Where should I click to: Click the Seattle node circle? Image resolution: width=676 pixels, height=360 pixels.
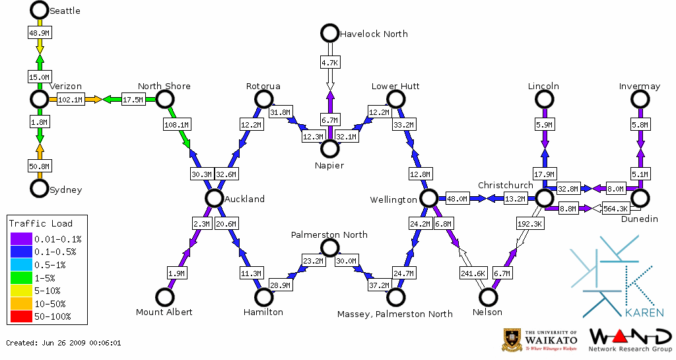click(40, 10)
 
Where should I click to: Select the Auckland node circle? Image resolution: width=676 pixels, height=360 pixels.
click(214, 198)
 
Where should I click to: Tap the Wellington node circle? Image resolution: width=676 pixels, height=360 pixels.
click(428, 198)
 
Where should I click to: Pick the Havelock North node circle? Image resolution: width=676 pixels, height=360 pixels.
click(329, 32)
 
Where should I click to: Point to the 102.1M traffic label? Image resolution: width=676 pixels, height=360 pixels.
click(70, 100)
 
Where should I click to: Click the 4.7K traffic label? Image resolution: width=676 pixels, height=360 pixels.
click(329, 62)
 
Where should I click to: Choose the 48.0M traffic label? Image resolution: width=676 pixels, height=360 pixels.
click(457, 198)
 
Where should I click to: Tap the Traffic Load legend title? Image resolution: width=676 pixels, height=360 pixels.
click(40, 223)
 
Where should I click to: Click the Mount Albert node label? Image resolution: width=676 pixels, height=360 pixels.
click(164, 312)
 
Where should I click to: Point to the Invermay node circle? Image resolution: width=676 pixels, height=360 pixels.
click(639, 99)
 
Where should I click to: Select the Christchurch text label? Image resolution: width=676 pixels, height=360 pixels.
click(505, 185)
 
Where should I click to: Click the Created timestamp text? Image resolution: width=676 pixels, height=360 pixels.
click(63, 343)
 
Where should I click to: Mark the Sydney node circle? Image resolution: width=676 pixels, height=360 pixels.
click(40, 188)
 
